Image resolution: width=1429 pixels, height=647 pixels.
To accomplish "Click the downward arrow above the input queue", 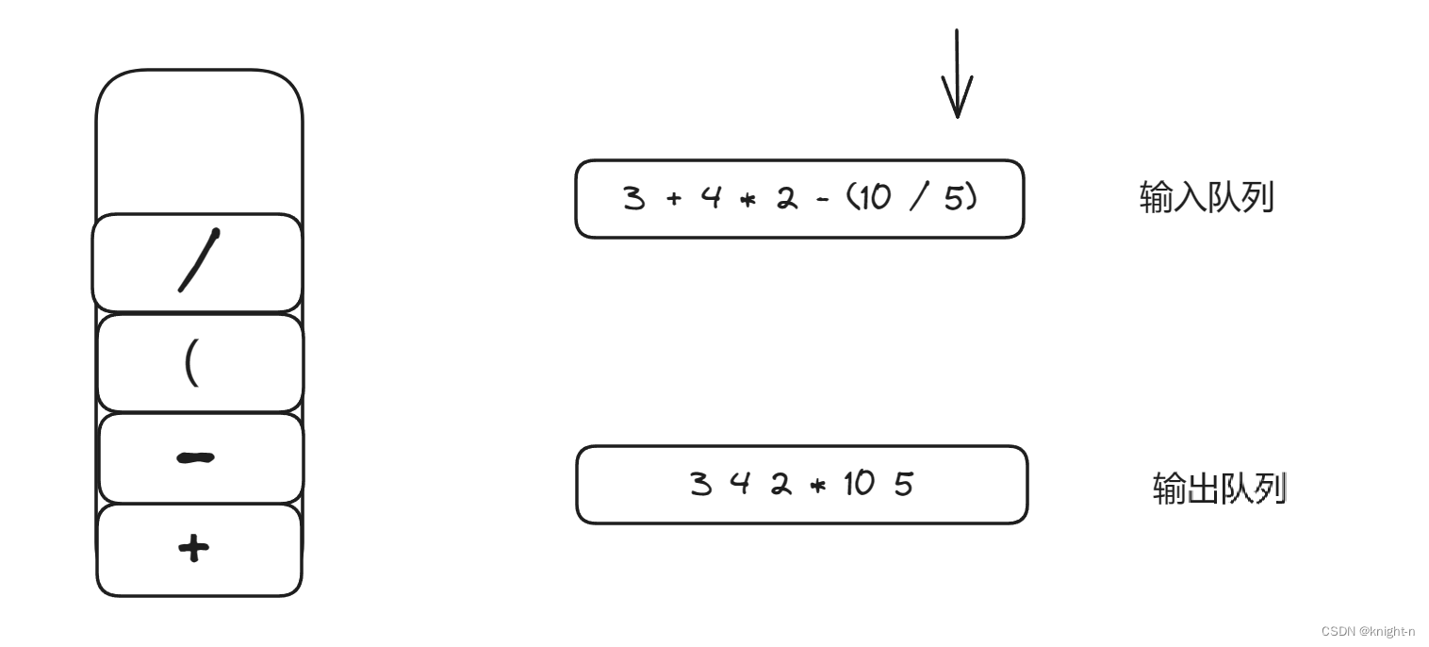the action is [957, 74].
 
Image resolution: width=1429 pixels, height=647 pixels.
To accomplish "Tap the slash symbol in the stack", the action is [199, 261].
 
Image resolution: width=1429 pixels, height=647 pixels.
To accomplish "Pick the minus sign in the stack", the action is [195, 458].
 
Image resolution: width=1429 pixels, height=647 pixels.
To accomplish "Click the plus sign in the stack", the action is [193, 548].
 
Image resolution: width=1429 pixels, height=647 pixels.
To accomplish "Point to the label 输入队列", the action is [1207, 198].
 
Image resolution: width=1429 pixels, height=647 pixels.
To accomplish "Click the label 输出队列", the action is [1219, 489].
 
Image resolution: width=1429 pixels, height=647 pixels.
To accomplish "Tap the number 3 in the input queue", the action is [633, 199].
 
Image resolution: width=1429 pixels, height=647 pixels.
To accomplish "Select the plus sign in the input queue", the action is [673, 200].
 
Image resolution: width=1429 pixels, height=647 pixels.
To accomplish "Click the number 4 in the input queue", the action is [711, 199].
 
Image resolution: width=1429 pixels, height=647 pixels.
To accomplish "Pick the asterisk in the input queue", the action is [749, 200].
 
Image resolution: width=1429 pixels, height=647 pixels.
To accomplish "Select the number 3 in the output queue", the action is [700, 485].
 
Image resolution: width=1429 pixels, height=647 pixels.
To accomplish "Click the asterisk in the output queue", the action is [816, 486].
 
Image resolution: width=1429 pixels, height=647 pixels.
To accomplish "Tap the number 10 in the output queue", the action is [859, 485].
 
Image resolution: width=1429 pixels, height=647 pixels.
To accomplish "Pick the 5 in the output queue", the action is [903, 485].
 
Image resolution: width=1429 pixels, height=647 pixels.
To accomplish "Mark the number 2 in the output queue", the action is [780, 485].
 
